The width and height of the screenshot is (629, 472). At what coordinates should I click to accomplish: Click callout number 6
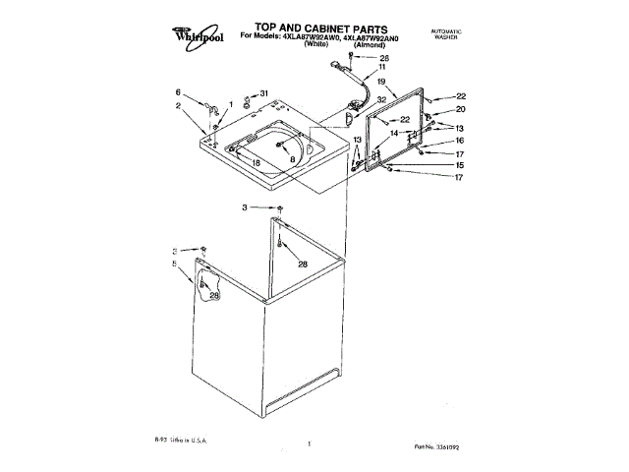coord(178,91)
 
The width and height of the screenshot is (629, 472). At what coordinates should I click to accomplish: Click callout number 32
coord(380,99)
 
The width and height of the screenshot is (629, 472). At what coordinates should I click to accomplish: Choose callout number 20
coord(460,109)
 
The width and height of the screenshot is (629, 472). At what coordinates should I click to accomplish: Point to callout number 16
coord(459,142)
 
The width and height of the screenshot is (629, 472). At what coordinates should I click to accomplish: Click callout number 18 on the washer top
coord(256,162)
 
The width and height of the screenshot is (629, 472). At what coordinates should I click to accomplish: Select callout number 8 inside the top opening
coord(292,157)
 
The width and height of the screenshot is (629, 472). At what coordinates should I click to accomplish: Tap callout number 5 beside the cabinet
coord(176,264)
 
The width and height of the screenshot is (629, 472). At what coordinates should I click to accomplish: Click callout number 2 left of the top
coord(178,105)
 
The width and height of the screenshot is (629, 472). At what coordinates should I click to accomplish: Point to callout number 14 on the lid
coord(393,133)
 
